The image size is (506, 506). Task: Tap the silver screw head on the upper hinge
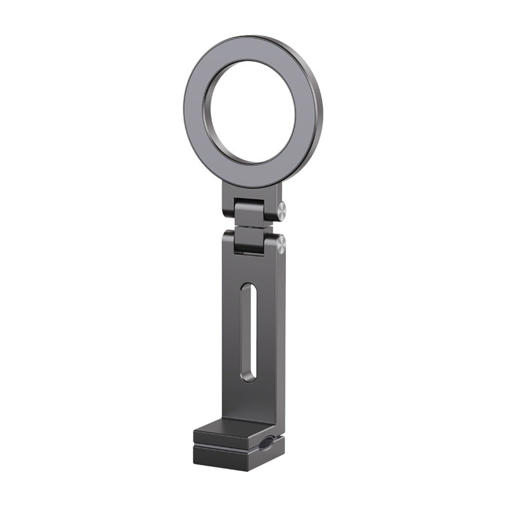(x=281, y=209)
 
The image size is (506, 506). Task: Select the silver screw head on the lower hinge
(x=281, y=244)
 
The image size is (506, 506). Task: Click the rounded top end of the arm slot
(x=249, y=290)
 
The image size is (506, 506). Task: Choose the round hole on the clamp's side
(x=264, y=443)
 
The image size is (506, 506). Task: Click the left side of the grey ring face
(x=194, y=114)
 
